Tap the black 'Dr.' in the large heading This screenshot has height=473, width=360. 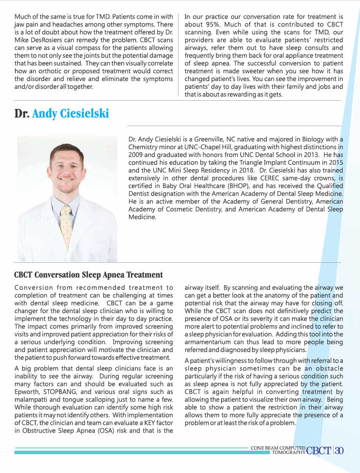point(22,114)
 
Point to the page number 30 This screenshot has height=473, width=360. point(339,451)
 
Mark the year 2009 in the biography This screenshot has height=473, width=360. point(137,155)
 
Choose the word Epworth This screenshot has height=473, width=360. point(29,392)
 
